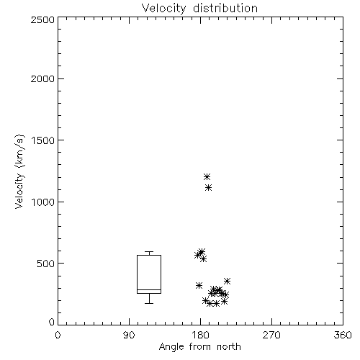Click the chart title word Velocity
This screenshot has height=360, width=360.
click(x=164, y=9)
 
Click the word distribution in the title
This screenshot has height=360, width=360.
click(x=225, y=8)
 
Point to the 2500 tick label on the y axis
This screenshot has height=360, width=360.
click(x=43, y=19)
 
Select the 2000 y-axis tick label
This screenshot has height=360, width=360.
click(x=43, y=78)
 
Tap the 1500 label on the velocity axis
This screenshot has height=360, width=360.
click(x=44, y=140)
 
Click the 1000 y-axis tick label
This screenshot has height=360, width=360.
click(x=44, y=202)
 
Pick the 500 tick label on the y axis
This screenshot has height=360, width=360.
click(x=46, y=264)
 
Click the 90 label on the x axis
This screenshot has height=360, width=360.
click(x=129, y=335)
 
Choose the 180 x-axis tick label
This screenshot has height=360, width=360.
click(x=201, y=335)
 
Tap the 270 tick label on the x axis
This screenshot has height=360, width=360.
click(x=271, y=335)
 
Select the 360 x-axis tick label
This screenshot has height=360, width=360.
click(x=343, y=335)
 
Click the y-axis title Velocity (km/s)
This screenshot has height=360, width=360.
click(x=19, y=171)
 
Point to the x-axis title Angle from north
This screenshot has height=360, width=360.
click(x=200, y=347)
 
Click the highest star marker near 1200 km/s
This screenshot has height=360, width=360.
click(x=207, y=177)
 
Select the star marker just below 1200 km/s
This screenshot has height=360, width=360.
click(x=209, y=187)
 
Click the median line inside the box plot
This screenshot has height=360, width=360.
click(x=149, y=289)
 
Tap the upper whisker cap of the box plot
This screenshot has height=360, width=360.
click(x=149, y=251)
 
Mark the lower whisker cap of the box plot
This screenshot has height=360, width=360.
click(x=149, y=303)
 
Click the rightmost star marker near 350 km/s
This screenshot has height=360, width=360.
click(x=227, y=281)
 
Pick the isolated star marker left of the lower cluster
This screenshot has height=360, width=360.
click(x=199, y=286)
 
